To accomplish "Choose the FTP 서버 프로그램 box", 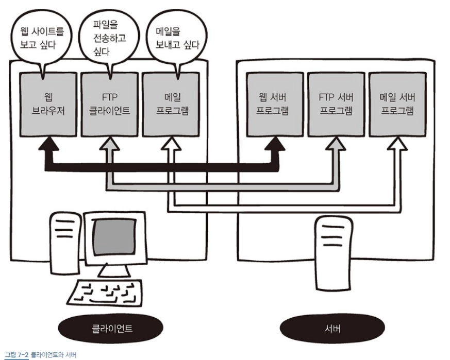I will click(335, 105).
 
